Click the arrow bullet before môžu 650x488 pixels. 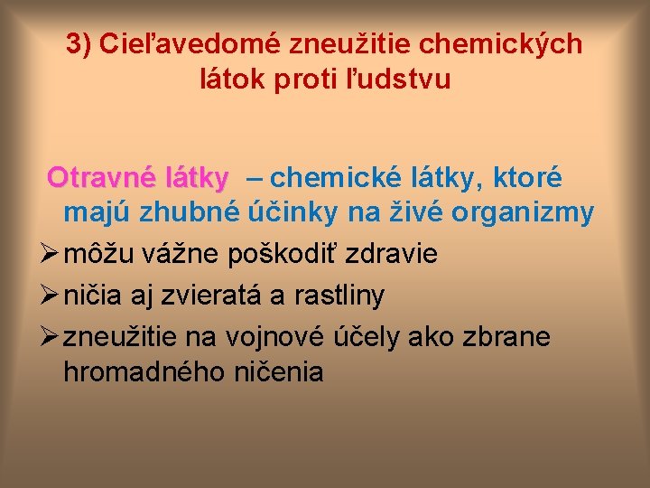(51, 254)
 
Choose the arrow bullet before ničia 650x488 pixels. (51, 295)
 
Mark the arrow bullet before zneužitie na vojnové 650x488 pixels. (51, 336)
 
